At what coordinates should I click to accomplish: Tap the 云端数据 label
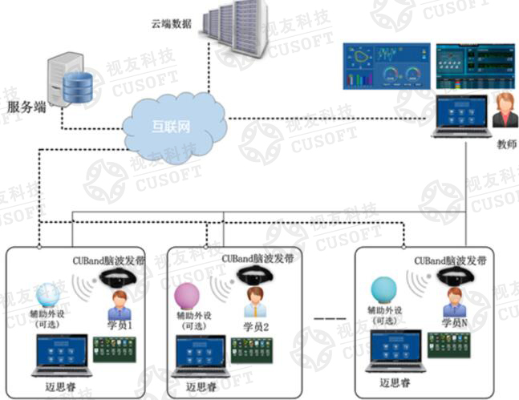click(x=172, y=23)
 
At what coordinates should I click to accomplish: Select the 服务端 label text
click(x=27, y=107)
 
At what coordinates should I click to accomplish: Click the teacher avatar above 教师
click(x=504, y=111)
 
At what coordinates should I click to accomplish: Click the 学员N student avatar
click(x=456, y=301)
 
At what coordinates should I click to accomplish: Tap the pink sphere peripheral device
click(x=188, y=297)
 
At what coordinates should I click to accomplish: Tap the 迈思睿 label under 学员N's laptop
click(x=395, y=384)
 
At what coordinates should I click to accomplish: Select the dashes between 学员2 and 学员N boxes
click(x=330, y=318)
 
